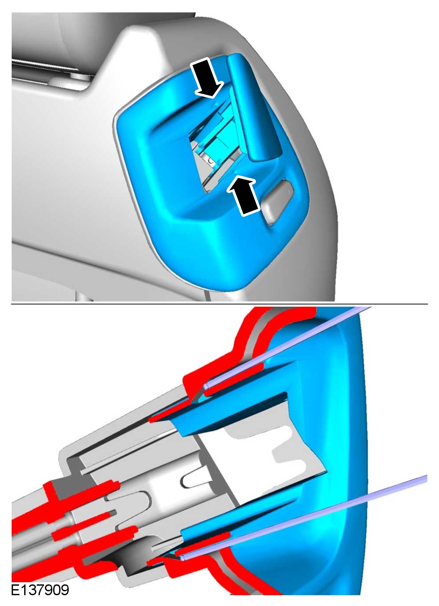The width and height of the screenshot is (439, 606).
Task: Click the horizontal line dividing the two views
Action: coord(219,304)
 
